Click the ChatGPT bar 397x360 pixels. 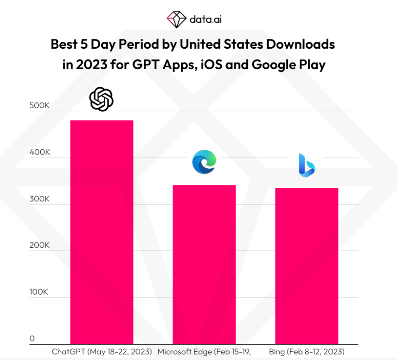[x=102, y=232]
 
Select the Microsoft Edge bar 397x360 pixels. [x=205, y=264]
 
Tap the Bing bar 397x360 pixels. [x=307, y=266]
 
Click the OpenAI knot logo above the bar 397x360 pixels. [x=101, y=99]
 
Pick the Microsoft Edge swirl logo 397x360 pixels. [x=205, y=161]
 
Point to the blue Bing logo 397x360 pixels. [x=307, y=165]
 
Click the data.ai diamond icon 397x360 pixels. [x=177, y=19]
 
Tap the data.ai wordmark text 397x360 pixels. [x=205, y=19]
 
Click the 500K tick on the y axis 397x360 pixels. [x=39, y=105]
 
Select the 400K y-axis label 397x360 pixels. [x=40, y=152]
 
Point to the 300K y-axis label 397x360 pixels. [x=39, y=199]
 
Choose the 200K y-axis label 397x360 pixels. [x=39, y=245]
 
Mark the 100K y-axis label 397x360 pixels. [x=38, y=292]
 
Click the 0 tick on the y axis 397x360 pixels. [x=32, y=339]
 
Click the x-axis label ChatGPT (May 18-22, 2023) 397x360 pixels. [x=102, y=352]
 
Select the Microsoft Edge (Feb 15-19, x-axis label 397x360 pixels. [x=204, y=352]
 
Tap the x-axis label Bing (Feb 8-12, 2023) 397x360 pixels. [x=307, y=352]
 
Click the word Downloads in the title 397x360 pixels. [x=301, y=45]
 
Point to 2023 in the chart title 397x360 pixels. [x=92, y=64]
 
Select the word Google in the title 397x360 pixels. [x=274, y=65]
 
